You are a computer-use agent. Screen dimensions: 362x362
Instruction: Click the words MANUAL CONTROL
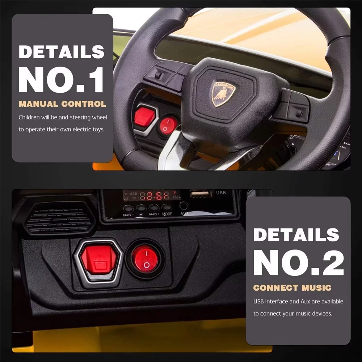pyautogui.click(x=62, y=104)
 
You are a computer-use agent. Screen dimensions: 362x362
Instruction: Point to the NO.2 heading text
pyautogui.click(x=299, y=263)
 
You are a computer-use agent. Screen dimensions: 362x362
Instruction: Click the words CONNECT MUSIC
pyautogui.click(x=292, y=288)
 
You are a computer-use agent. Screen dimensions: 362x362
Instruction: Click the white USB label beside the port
pyautogui.click(x=221, y=193)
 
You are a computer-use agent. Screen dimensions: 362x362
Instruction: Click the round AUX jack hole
pyautogui.click(x=184, y=206)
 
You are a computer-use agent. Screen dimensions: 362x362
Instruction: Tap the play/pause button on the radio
pyautogui.click(x=141, y=208)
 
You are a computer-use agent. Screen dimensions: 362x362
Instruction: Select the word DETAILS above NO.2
pyautogui.click(x=296, y=235)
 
